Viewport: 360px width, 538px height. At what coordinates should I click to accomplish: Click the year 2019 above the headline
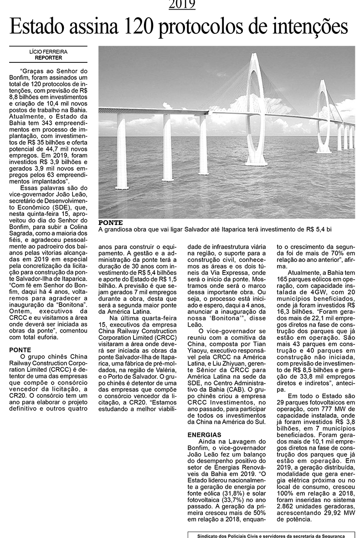tap(182, 5)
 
